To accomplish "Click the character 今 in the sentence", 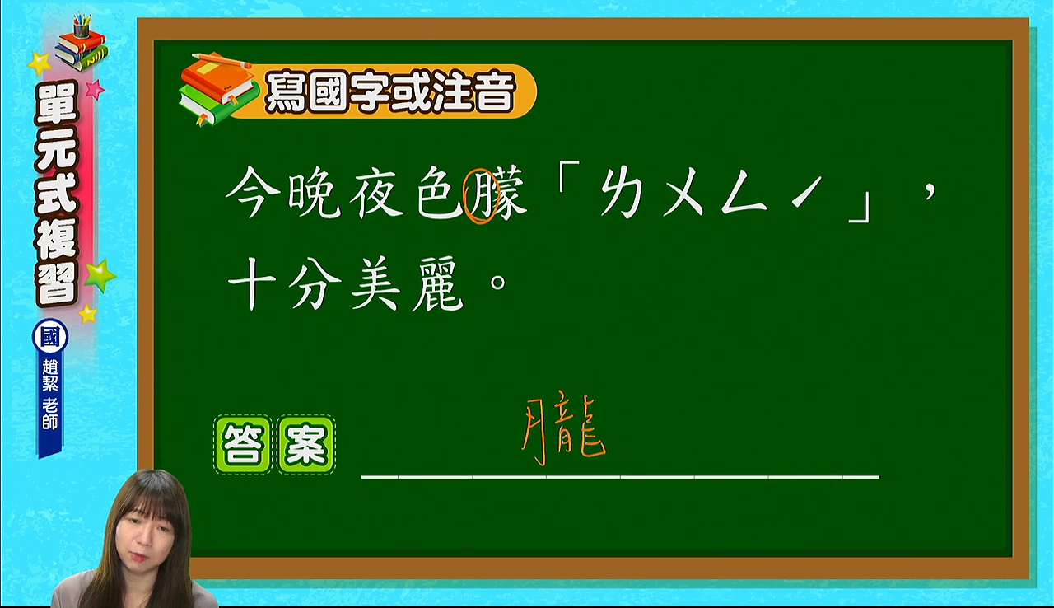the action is (x=253, y=192).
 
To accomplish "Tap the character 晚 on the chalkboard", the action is (x=315, y=192).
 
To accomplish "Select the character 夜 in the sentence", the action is (x=376, y=192).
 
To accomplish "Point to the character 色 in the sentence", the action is (x=439, y=192).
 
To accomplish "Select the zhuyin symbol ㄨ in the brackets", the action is (x=683, y=194).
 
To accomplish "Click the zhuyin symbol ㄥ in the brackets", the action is (x=744, y=194).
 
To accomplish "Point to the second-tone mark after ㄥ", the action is (x=806, y=191).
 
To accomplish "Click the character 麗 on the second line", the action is (x=438, y=283).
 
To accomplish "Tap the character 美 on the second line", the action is (x=376, y=283).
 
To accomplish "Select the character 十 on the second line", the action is (x=252, y=283).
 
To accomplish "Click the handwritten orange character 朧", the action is (x=564, y=432).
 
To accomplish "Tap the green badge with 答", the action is (x=243, y=444).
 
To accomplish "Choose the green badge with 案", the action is (x=306, y=444).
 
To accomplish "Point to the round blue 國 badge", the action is (x=50, y=336).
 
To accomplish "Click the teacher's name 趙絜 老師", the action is (x=50, y=395).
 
